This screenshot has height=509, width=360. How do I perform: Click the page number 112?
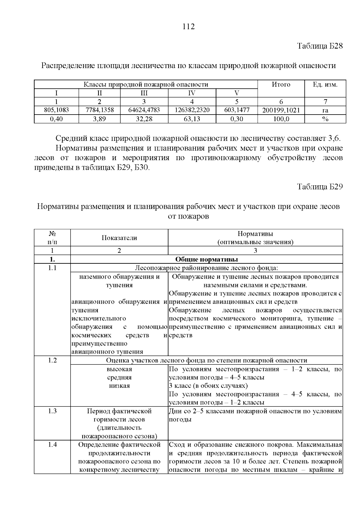[x=189, y=27]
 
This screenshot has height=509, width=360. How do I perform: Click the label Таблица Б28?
[x=320, y=46]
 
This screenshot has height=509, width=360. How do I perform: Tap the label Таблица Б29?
[x=320, y=187]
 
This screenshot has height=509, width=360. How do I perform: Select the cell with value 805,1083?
[x=56, y=110]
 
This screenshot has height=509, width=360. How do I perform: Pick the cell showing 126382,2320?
[x=192, y=110]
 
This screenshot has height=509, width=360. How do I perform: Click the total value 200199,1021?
[x=281, y=110]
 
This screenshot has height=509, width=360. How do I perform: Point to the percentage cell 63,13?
[x=192, y=119]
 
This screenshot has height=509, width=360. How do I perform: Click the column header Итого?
[x=281, y=85]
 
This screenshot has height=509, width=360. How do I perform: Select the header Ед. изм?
[x=325, y=85]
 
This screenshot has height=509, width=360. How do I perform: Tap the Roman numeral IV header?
[x=192, y=93]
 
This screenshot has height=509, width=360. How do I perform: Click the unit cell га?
[x=325, y=110]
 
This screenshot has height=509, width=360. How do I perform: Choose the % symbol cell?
[x=325, y=119]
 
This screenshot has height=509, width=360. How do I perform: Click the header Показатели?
[x=119, y=238]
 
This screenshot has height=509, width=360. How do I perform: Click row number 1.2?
[x=52, y=361]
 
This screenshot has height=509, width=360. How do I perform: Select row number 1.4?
[x=52, y=445]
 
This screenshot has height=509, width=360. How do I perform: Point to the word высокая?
[x=119, y=369]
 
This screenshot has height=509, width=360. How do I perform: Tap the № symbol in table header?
[x=52, y=234]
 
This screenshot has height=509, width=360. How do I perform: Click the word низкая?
[x=119, y=386]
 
